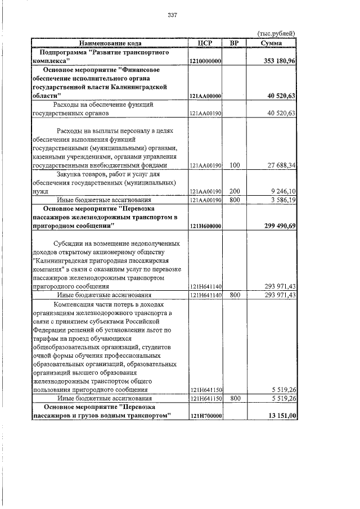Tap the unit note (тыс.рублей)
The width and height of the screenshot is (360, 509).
276,34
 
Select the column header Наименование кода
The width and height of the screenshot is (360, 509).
110,43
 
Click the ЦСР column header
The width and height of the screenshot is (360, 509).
205,43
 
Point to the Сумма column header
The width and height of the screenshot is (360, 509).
272,43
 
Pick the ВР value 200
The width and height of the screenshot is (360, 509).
235,191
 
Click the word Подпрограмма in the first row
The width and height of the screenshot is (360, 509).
60,52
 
